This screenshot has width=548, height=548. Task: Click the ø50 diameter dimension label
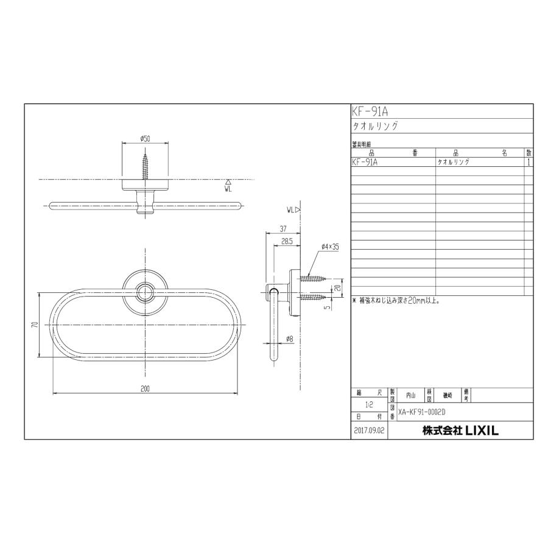pyautogui.click(x=145, y=138)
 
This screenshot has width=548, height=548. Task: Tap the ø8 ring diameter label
pyautogui.click(x=290, y=339)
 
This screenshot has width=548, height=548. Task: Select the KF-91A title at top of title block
pyautogui.click(x=370, y=111)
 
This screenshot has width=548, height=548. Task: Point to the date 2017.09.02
pyautogui.click(x=369, y=431)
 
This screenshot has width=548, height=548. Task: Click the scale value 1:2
pyautogui.click(x=369, y=404)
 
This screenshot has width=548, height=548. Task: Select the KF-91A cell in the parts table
pyautogui.click(x=365, y=163)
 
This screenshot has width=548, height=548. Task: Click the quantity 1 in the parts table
pyautogui.click(x=529, y=163)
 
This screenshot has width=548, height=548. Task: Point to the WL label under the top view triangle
pyautogui.click(x=228, y=189)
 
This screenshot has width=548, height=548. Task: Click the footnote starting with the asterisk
pyautogui.click(x=396, y=301)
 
